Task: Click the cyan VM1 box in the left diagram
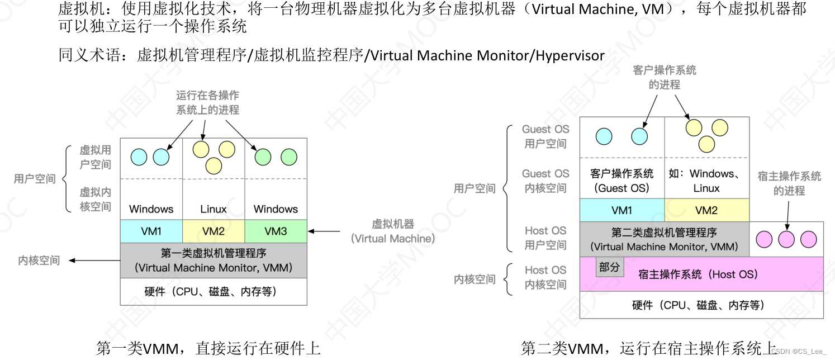[x=151, y=231]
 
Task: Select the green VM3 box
[x=276, y=231]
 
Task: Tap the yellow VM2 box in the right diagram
[x=706, y=210]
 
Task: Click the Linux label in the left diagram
[x=214, y=209]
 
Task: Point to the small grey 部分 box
[x=610, y=268]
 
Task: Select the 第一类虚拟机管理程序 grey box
[x=214, y=260]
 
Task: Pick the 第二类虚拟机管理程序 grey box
[x=664, y=239]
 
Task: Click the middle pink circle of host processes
[x=786, y=240]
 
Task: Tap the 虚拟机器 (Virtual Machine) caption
[x=393, y=231]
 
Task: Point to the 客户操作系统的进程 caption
[x=665, y=77]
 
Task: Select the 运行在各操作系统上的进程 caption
[x=208, y=103]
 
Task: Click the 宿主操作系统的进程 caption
[x=789, y=183]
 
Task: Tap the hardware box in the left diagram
[x=214, y=291]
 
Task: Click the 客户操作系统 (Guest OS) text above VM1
[x=621, y=181]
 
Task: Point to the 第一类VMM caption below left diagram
[x=208, y=349]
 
